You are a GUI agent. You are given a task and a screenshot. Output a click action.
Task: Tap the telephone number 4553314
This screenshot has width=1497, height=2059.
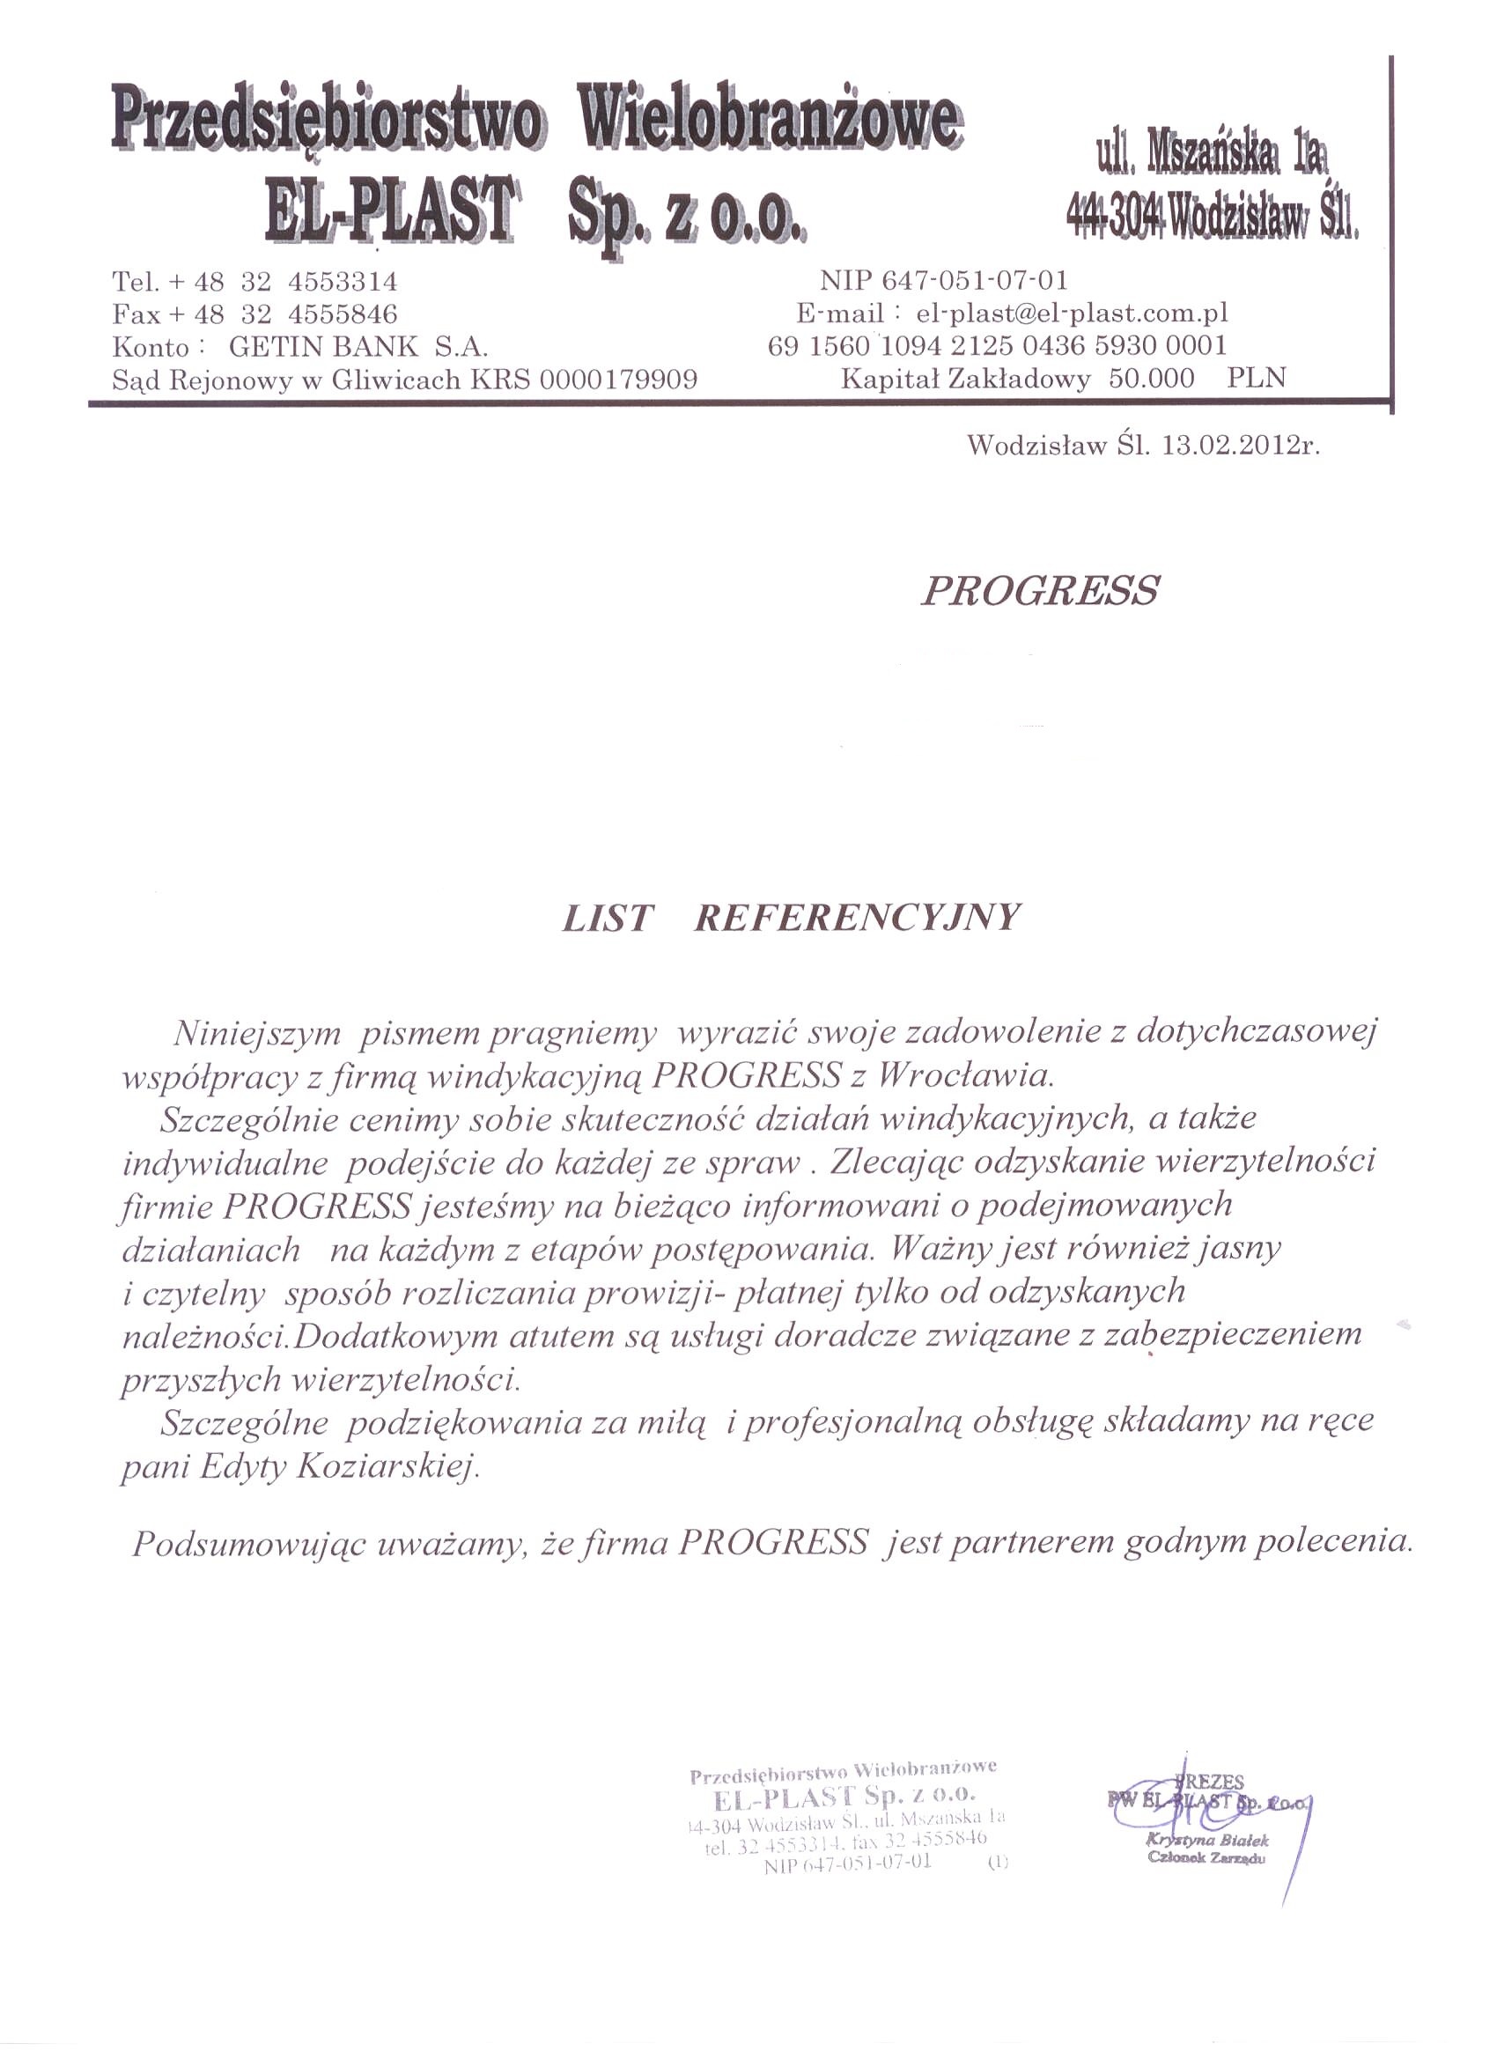tap(343, 282)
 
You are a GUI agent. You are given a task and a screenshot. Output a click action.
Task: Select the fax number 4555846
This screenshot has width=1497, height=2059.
tap(343, 314)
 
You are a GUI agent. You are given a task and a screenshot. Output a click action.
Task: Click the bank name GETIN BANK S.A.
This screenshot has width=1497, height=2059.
tap(358, 346)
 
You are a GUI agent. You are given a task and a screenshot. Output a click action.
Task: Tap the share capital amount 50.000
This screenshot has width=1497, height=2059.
tap(1151, 378)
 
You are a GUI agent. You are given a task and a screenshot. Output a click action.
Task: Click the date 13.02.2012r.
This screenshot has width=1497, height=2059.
tap(1235, 446)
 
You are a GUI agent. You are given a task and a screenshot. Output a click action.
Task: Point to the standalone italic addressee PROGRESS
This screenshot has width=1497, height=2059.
tap(1039, 591)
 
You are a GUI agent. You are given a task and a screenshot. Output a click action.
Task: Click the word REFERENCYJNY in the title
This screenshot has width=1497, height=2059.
tap(857, 918)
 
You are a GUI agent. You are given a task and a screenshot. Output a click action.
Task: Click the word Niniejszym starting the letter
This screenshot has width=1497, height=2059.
tap(257, 1032)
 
